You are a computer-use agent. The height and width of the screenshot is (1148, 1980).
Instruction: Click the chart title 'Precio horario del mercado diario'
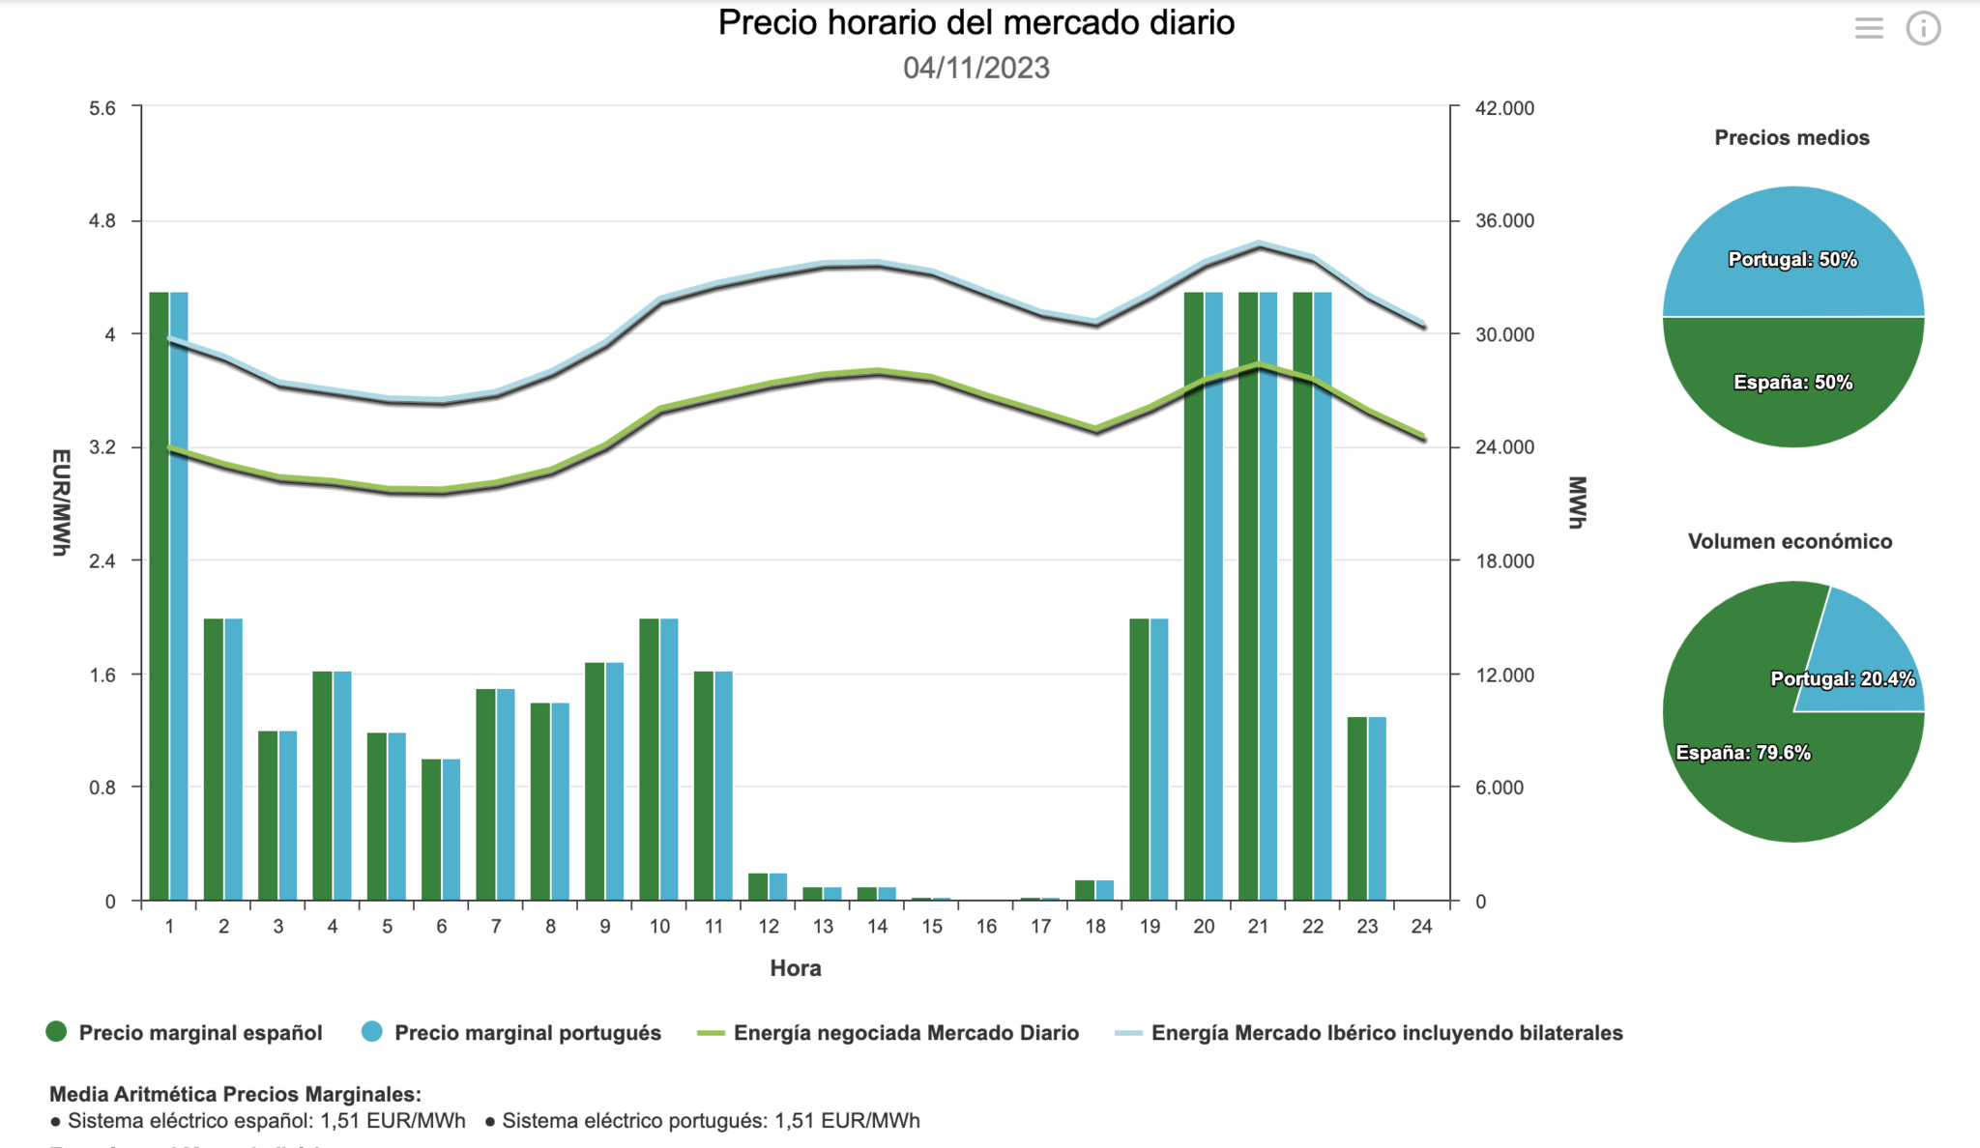975,23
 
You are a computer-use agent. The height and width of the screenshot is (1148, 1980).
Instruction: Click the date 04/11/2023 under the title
975,68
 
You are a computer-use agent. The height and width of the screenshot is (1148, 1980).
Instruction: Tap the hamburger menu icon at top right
1869,28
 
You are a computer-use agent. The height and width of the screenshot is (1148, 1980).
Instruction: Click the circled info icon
1923,28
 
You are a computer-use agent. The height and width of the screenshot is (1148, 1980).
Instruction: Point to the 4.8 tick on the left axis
102,221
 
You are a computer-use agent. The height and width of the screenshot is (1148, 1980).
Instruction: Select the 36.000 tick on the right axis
1504,221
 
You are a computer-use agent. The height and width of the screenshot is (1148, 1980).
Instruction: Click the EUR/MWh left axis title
61,502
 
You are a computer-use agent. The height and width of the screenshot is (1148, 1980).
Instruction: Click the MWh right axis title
1577,502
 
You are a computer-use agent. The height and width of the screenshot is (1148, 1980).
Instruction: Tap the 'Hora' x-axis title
796,968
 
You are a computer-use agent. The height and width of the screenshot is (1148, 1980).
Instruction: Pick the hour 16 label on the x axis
986,927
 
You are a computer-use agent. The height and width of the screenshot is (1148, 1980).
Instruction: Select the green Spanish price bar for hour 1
159,595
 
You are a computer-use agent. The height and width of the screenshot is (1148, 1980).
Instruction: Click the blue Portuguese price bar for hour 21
1268,595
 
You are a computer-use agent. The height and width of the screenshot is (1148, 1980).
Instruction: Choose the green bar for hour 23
1356,808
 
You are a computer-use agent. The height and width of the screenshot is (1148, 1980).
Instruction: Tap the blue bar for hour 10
669,759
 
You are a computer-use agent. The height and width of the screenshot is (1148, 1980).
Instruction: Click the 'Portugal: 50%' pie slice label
1792,259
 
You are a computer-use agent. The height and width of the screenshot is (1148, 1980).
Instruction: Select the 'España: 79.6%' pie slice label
1743,753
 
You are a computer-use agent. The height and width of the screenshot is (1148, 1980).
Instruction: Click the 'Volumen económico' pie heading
1790,541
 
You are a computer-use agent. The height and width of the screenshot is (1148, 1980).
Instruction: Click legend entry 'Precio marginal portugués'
527,1033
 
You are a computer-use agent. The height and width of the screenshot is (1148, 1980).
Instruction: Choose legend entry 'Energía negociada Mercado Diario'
905,1033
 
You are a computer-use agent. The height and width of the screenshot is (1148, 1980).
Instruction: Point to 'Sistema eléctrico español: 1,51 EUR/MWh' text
266,1121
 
